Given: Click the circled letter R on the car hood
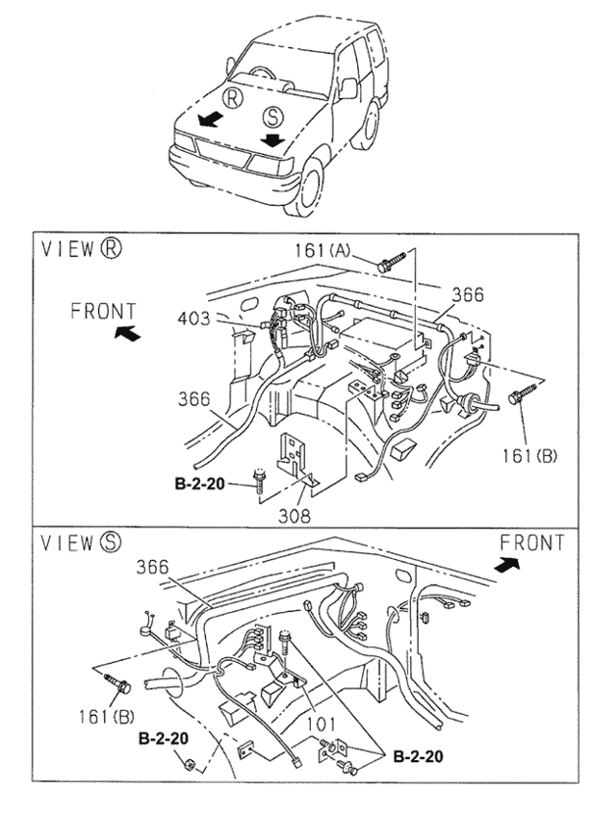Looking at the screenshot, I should pos(233,98).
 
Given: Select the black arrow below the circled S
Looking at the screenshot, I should pos(274,140).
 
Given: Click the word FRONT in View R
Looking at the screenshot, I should pos(104,311).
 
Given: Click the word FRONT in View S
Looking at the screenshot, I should pos(531,544).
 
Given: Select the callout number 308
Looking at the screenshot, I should pos(295,516).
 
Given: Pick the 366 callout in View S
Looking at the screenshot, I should pos(154,568).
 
